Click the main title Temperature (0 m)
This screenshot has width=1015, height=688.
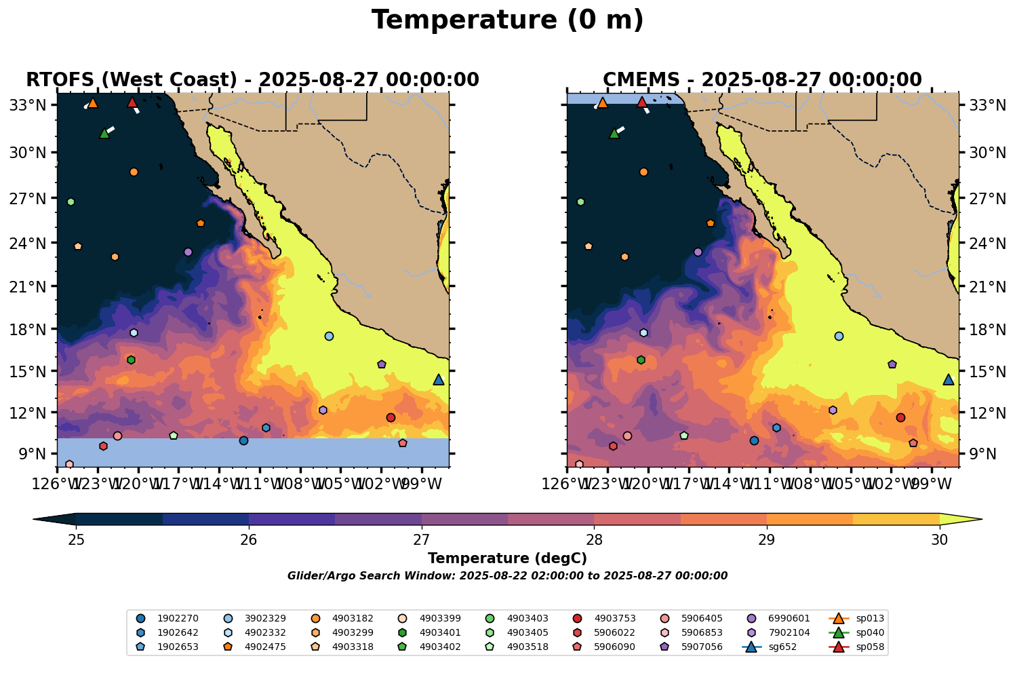tap(507, 20)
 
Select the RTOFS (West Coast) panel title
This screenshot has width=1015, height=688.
tap(252, 80)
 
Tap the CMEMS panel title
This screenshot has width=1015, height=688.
tap(762, 80)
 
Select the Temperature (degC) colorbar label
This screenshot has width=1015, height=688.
tap(507, 558)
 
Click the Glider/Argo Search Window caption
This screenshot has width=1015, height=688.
tap(507, 576)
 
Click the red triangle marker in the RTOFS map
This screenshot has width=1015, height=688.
tap(132, 102)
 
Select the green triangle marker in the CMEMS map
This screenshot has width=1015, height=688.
tap(614, 133)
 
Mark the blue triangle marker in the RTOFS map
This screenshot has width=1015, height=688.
tap(439, 379)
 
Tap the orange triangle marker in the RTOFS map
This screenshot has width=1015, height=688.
tap(93, 102)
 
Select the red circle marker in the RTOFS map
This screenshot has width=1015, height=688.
tap(391, 417)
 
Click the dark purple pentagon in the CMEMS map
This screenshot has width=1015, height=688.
tap(892, 364)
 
